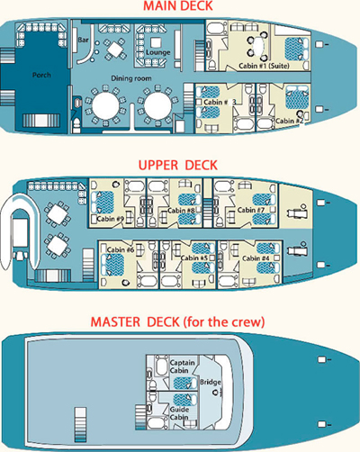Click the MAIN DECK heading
point(178,6)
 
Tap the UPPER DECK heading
point(178,166)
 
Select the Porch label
point(41,75)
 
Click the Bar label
point(83,40)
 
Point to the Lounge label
point(158,52)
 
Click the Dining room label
point(131,78)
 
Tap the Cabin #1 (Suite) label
point(264,66)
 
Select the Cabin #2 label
point(290,121)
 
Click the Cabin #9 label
point(110,219)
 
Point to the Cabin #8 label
point(181,211)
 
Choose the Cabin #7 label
point(251,210)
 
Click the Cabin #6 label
point(121,249)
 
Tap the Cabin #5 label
point(194,258)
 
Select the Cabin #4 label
point(256,258)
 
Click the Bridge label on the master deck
point(211,383)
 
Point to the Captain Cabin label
point(182,366)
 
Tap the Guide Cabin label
point(179,413)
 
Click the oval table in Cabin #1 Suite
point(258,45)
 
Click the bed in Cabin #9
point(103,203)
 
